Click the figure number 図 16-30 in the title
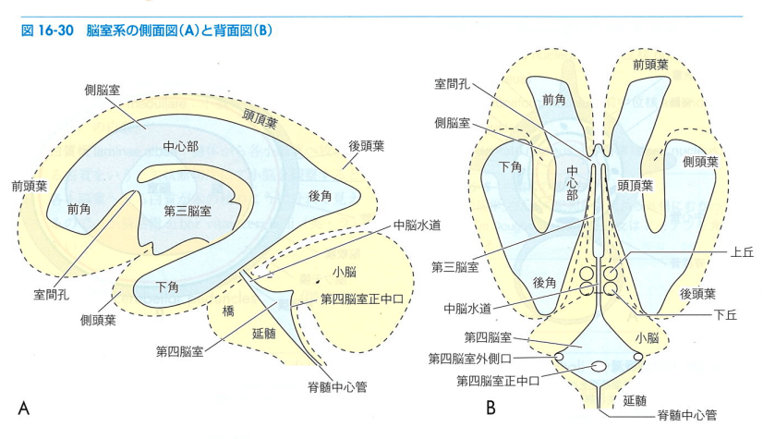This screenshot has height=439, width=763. [47, 30]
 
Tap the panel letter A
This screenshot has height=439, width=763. [23, 408]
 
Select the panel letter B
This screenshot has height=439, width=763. [490, 407]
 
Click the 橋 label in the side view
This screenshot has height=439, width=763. [228, 311]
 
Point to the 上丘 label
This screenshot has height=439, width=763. [742, 252]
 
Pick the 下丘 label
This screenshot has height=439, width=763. [725, 315]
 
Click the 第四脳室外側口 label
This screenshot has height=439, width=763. [469, 359]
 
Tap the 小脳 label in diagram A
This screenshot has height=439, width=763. [344, 271]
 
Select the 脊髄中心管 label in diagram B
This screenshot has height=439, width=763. [686, 415]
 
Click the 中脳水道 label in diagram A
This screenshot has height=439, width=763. [417, 225]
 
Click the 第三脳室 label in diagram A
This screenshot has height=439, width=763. [188, 211]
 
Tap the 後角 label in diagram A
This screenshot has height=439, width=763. [320, 196]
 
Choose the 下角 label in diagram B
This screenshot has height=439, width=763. [510, 167]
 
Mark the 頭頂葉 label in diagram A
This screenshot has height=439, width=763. [260, 118]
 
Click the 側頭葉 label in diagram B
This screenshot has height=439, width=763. [700, 162]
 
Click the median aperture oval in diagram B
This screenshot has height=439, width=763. [599, 367]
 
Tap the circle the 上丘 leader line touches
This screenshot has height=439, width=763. [612, 274]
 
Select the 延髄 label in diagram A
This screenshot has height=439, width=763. [264, 334]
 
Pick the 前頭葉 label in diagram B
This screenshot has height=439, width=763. [650, 65]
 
